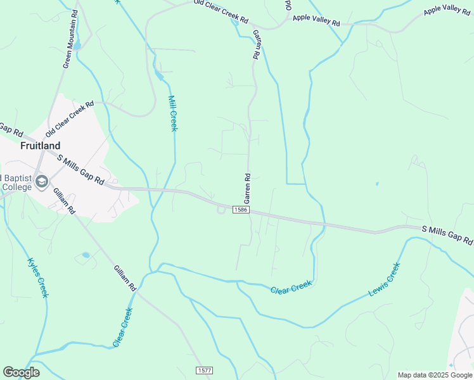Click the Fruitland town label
(40, 146)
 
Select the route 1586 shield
(240, 209)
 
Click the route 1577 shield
(204, 370)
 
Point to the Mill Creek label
(172, 113)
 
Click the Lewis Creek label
(385, 280)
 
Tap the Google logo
(21, 372)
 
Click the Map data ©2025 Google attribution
(435, 375)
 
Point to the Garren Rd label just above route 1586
(248, 188)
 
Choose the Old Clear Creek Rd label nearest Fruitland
(70, 119)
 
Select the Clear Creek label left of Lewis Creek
(291, 287)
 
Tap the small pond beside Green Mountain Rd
(77, 46)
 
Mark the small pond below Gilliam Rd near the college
(86, 255)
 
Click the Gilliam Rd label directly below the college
(65, 200)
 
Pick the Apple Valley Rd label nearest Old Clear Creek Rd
(316, 21)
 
